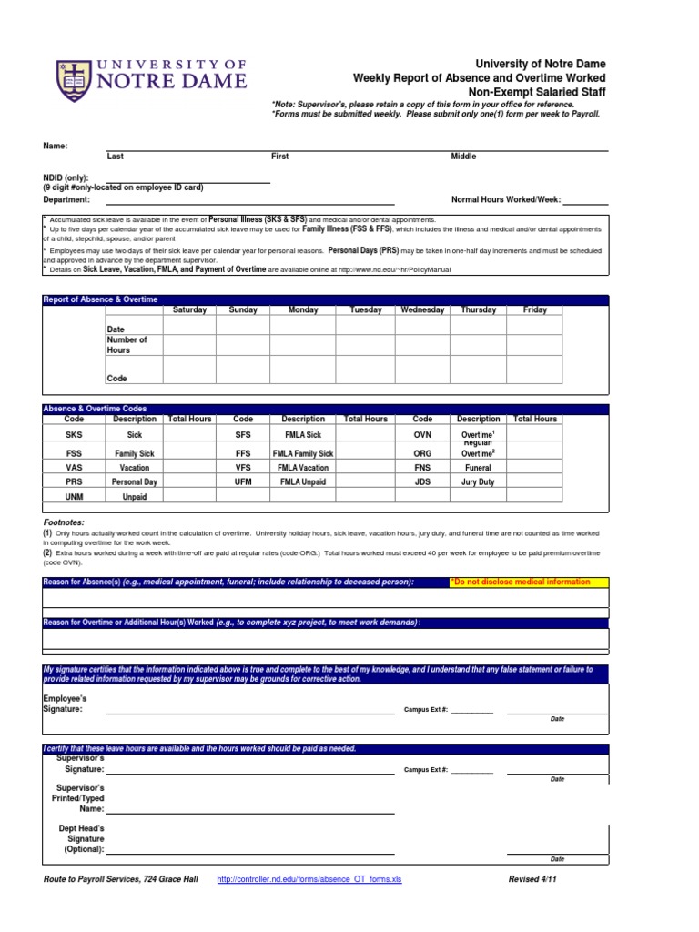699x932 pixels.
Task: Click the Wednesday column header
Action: [x=422, y=310]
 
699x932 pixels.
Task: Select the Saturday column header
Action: [x=189, y=310]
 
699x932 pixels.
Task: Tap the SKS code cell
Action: [x=75, y=436]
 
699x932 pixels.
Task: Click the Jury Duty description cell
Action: [x=478, y=481]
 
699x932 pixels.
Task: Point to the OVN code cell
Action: [x=422, y=436]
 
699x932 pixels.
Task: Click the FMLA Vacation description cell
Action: [x=303, y=467]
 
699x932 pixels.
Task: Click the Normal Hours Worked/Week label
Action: [x=506, y=199]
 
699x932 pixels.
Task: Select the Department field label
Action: [x=66, y=199]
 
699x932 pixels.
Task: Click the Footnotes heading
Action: [x=64, y=522]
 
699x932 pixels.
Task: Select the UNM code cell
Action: [x=75, y=497]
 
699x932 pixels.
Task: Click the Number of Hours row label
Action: [x=127, y=345]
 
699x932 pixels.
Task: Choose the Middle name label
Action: [x=463, y=157]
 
